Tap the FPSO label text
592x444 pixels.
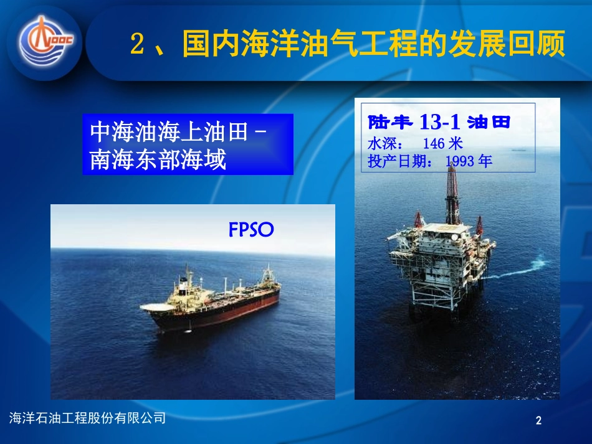(x=251, y=230)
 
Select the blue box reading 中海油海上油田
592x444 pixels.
(x=188, y=144)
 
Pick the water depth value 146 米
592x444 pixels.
(x=442, y=144)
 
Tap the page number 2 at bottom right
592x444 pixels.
(x=539, y=422)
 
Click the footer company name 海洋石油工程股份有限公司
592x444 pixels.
(x=88, y=418)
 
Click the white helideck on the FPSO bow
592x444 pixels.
(x=160, y=306)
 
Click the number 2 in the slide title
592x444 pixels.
(x=138, y=45)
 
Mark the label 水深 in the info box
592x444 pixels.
(x=380, y=144)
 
